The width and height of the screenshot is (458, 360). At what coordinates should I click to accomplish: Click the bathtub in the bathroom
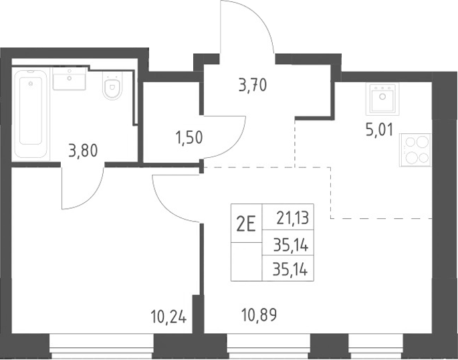[x=31, y=114]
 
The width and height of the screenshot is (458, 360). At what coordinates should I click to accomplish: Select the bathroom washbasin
[x=70, y=78]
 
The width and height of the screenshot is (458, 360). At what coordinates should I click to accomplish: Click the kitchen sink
[x=382, y=98]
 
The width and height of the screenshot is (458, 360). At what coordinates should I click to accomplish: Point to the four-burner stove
[x=415, y=150]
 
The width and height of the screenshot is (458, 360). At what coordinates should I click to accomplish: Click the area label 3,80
[x=83, y=151]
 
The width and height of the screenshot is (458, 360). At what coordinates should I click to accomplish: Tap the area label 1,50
[x=189, y=137]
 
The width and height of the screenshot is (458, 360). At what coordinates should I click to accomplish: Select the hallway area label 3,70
[x=252, y=85]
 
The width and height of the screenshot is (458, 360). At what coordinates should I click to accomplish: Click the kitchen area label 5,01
[x=380, y=130]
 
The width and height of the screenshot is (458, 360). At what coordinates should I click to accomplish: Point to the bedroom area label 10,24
[x=168, y=317]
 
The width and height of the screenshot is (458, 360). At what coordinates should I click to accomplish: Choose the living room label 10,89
[x=259, y=315]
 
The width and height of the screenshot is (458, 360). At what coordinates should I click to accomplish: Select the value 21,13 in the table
[x=293, y=218]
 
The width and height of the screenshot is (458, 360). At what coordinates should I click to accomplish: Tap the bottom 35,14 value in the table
[x=290, y=270]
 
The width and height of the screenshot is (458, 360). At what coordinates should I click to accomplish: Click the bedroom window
[x=102, y=346]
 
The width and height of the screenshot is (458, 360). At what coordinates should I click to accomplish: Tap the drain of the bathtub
[x=31, y=84]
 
